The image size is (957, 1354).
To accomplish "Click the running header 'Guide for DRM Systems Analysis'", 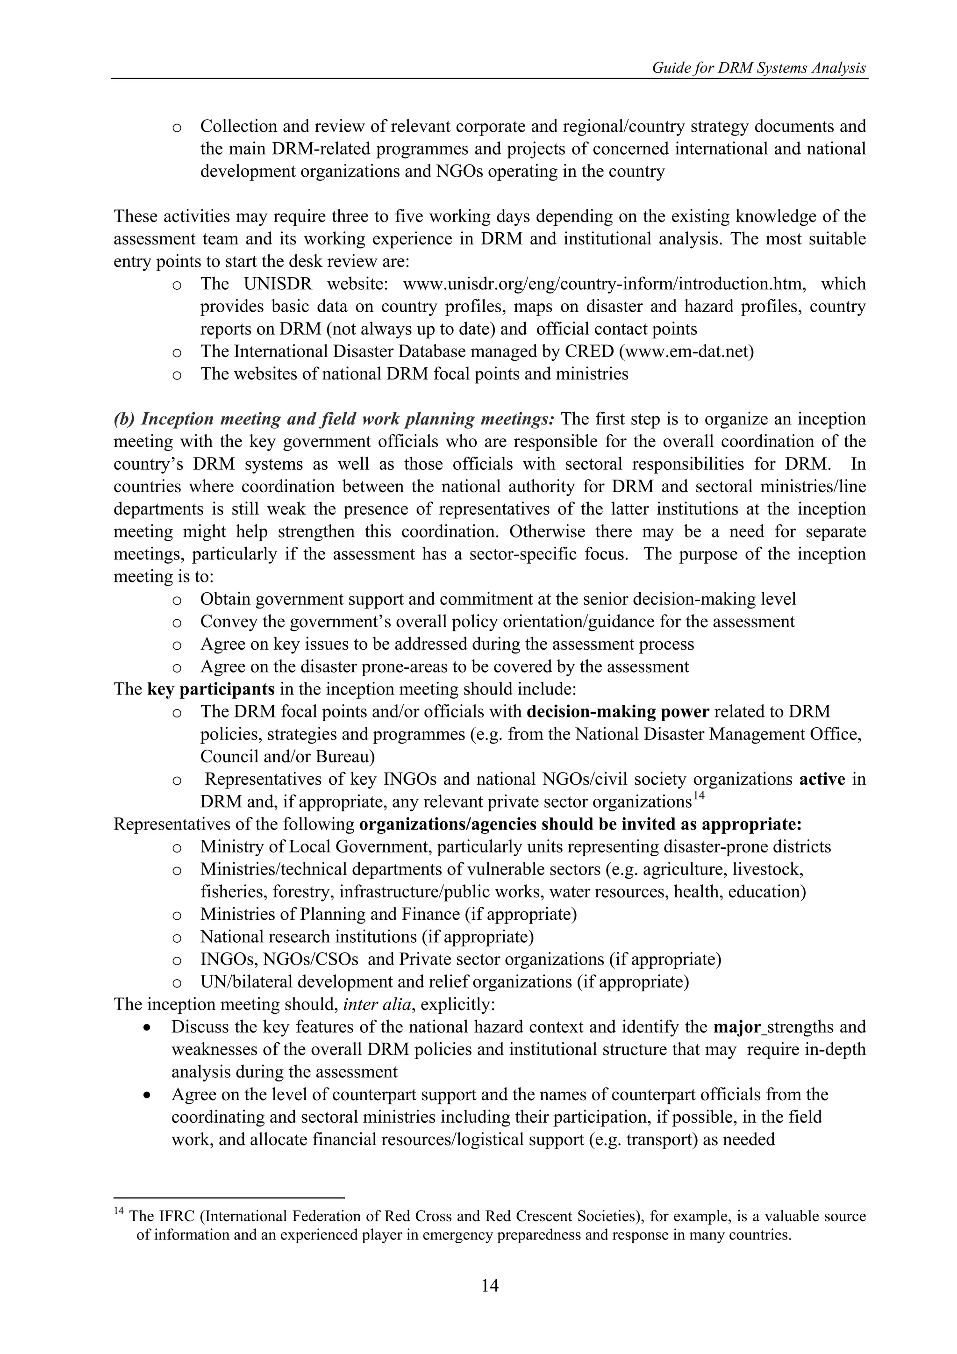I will pyautogui.click(x=758, y=68).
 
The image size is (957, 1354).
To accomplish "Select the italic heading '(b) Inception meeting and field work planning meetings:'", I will pyautogui.click(x=334, y=419).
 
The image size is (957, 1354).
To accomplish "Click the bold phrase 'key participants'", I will pyautogui.click(x=210, y=689).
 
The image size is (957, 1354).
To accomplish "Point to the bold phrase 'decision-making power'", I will pyautogui.click(x=617, y=712).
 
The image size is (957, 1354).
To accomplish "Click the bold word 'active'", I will pyautogui.click(x=822, y=780).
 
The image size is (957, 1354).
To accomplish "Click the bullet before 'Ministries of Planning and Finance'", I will pyautogui.click(x=176, y=915).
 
